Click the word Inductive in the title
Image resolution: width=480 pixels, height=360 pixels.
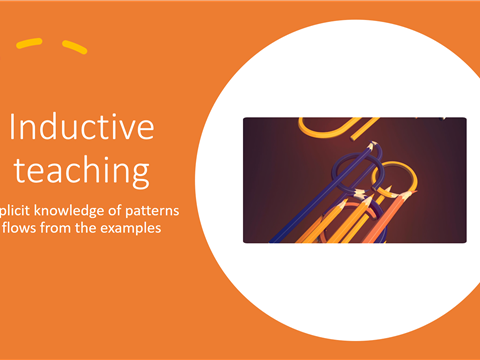coord(82,128)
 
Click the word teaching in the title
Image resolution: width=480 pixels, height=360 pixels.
coord(82,170)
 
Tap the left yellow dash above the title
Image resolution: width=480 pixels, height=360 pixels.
coord(30,43)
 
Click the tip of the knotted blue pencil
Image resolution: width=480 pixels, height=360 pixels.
coord(371,146)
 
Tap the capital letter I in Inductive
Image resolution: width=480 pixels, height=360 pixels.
coord(14,128)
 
